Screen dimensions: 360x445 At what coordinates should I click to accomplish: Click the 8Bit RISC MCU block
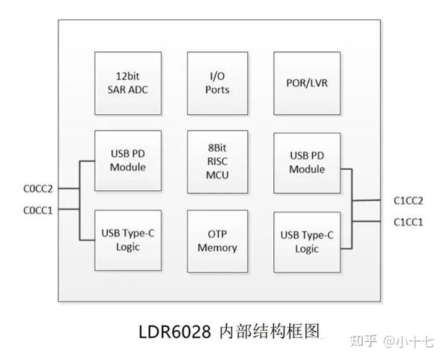pos(218,161)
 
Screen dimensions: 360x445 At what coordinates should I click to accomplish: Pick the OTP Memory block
pos(218,241)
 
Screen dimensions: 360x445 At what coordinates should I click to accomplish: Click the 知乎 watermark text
pos(362,341)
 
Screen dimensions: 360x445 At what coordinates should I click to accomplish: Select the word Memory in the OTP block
pos(218,248)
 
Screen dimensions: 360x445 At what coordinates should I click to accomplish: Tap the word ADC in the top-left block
pos(137,90)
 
